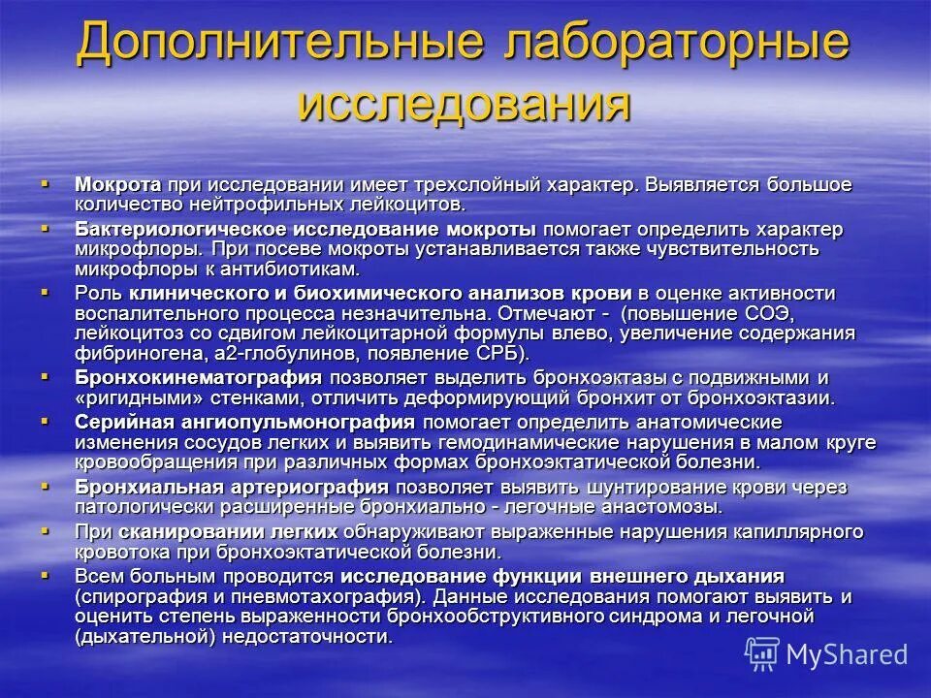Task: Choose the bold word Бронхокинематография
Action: [199, 377]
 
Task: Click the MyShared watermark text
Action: [847, 653]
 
